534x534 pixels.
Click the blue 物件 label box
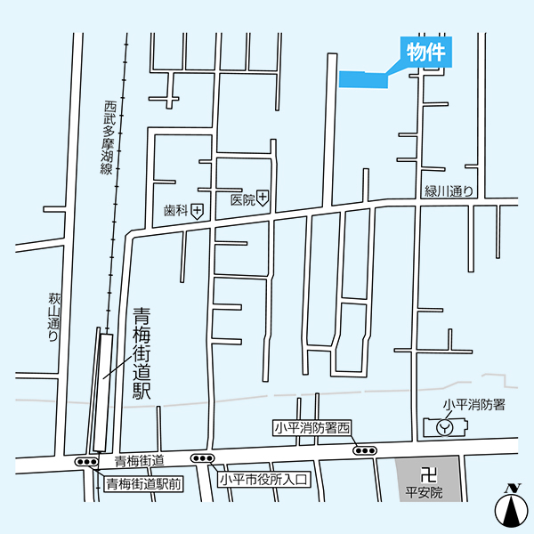pos(425,52)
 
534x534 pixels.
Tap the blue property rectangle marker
pos(364,79)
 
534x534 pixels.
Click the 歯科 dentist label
pos(175,211)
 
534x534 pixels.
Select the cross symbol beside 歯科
pos(197,210)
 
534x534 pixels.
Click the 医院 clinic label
pos(241,200)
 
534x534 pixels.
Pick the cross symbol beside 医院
pos(263,200)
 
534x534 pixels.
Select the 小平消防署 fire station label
pos(474,405)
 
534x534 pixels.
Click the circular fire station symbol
pos(446,427)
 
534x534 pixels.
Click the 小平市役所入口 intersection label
pos(263,480)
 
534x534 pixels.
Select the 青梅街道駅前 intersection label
pos(144,484)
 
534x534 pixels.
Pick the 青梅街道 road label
pos(140,461)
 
